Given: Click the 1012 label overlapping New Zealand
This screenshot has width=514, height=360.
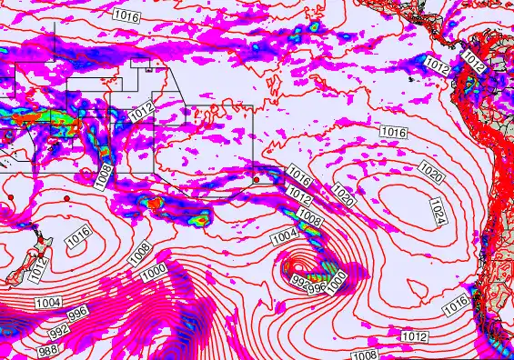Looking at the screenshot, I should pos(36,266).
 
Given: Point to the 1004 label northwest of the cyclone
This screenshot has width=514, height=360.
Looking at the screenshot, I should pos(285,236).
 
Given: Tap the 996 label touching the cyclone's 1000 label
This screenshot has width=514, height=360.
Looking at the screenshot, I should pos(317,287).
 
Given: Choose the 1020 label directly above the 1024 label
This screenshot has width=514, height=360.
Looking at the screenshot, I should pos(432,170).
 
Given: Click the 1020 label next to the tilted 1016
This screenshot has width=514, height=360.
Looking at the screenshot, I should pos(344,194).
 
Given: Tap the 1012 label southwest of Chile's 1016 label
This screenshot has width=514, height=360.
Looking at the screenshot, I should pos(414,336).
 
